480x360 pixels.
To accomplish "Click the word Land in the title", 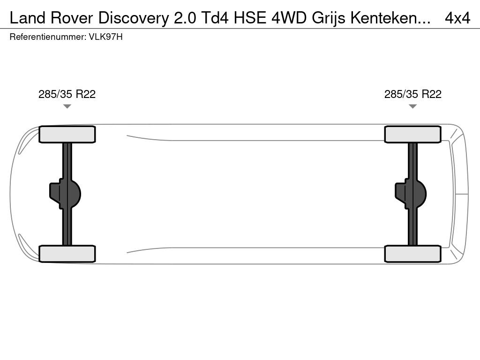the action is point(28,18).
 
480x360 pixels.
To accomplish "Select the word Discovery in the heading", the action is point(134,19).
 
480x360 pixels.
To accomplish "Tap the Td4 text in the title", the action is point(215,18).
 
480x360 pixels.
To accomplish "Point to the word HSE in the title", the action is point(250,18).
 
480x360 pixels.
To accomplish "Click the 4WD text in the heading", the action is point(289,18).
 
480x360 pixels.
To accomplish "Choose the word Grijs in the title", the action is point(329,19).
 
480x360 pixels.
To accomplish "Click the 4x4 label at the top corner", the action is point(457,18).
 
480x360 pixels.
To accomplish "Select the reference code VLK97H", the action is point(105,37).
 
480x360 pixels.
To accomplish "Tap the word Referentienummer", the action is point(48,37).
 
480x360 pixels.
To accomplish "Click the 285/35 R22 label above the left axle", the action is point(67,94).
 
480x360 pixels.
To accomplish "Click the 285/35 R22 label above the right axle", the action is point(412,94).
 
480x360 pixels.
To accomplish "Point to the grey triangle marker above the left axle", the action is point(67,106).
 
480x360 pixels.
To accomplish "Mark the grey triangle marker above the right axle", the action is point(412,106).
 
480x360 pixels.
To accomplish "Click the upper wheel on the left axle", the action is point(67,135).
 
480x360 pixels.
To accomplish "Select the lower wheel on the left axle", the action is point(67,254).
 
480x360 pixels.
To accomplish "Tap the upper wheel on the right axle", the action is point(412,135).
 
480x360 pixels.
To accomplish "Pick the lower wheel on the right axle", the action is point(412,254).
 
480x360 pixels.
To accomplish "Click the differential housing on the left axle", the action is point(65,194).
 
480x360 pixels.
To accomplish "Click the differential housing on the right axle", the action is point(411,194).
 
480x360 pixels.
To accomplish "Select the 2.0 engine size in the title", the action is point(185,18).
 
